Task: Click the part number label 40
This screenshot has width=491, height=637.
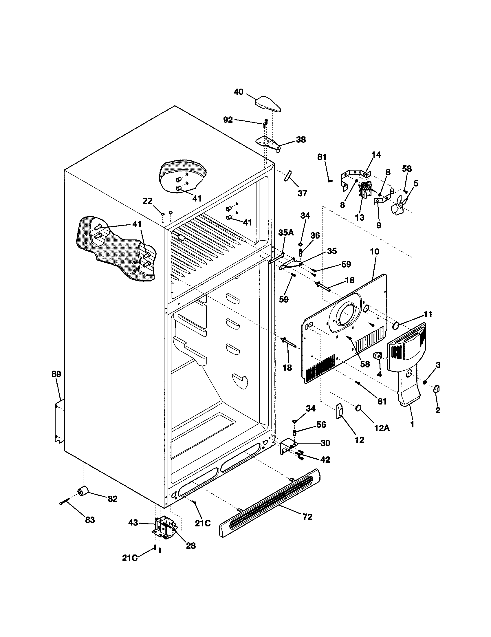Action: (238, 92)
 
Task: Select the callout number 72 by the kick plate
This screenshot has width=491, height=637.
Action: (307, 517)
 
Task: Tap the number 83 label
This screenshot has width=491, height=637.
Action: (90, 520)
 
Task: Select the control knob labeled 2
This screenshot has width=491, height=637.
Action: (437, 389)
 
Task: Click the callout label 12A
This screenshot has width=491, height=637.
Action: (381, 428)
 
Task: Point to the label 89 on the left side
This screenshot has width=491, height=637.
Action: (56, 374)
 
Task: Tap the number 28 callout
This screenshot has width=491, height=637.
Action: (191, 546)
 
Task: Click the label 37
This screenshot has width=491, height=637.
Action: (302, 193)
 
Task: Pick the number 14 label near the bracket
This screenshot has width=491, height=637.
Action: (376, 155)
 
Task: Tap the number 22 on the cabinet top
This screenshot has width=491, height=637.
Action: (148, 201)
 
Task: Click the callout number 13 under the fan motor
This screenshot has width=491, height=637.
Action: (360, 217)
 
